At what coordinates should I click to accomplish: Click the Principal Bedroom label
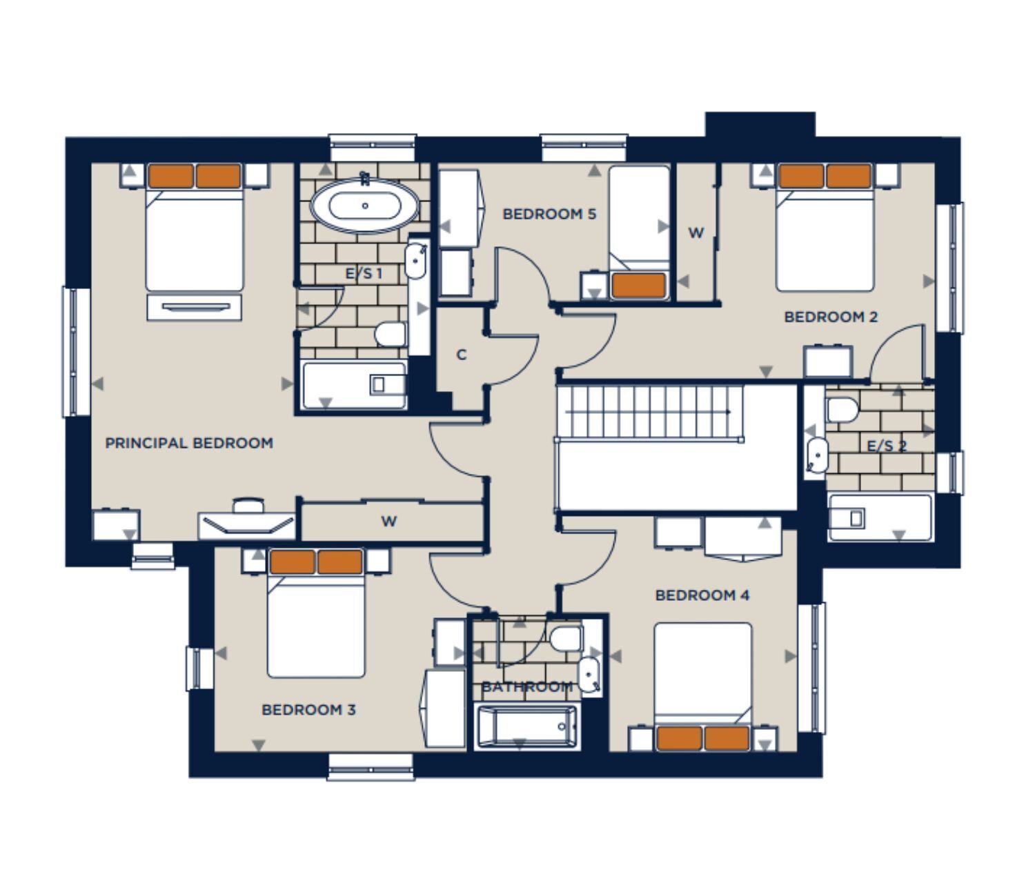tap(189, 443)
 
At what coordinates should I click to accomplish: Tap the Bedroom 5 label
tap(549, 214)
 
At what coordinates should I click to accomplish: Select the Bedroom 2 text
tap(831, 317)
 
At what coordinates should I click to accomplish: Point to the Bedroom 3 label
tap(308, 710)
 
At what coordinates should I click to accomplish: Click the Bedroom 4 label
tap(702, 595)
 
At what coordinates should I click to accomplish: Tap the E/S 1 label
tap(364, 273)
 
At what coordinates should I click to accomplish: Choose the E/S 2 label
tap(886, 446)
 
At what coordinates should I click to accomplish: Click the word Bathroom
tap(527, 687)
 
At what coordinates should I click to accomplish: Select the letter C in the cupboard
tap(462, 355)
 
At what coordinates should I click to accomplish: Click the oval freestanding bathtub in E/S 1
tap(365, 206)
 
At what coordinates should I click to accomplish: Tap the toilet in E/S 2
tap(842, 410)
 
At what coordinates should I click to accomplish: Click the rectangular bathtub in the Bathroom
tap(527, 726)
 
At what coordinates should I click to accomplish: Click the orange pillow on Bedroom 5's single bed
tap(638, 286)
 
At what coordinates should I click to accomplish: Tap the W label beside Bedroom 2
tap(696, 232)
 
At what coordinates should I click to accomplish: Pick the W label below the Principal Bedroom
tap(389, 521)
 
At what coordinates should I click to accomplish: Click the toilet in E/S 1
tap(390, 335)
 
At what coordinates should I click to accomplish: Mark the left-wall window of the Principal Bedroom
tap(76, 352)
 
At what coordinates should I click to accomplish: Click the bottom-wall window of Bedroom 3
tap(371, 767)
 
